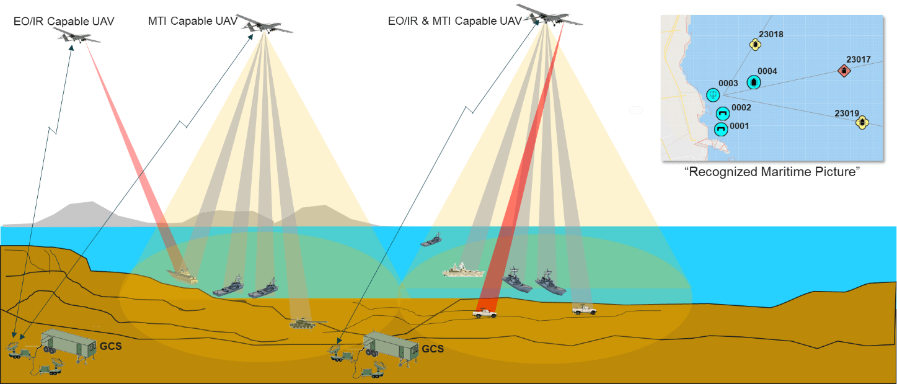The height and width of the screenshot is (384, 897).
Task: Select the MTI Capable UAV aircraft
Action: [263, 25]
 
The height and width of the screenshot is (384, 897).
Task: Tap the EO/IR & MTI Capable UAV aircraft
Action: [545, 15]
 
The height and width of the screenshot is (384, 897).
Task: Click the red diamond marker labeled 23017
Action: [844, 71]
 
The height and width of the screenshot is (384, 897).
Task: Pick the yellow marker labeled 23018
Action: [755, 45]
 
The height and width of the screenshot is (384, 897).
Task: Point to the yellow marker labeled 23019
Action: [862, 122]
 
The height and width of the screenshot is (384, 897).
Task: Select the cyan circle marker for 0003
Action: [714, 95]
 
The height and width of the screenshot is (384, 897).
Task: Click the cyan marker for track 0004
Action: [754, 81]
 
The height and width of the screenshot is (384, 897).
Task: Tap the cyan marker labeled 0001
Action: [720, 129]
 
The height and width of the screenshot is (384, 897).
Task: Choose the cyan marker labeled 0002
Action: [722, 113]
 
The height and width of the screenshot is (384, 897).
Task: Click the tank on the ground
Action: [304, 323]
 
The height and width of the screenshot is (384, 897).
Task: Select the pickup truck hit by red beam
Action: [484, 313]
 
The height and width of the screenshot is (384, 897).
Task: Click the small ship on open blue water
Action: [431, 240]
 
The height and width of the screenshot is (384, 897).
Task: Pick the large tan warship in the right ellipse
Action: [461, 270]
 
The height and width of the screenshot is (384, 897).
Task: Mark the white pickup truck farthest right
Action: [585, 310]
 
